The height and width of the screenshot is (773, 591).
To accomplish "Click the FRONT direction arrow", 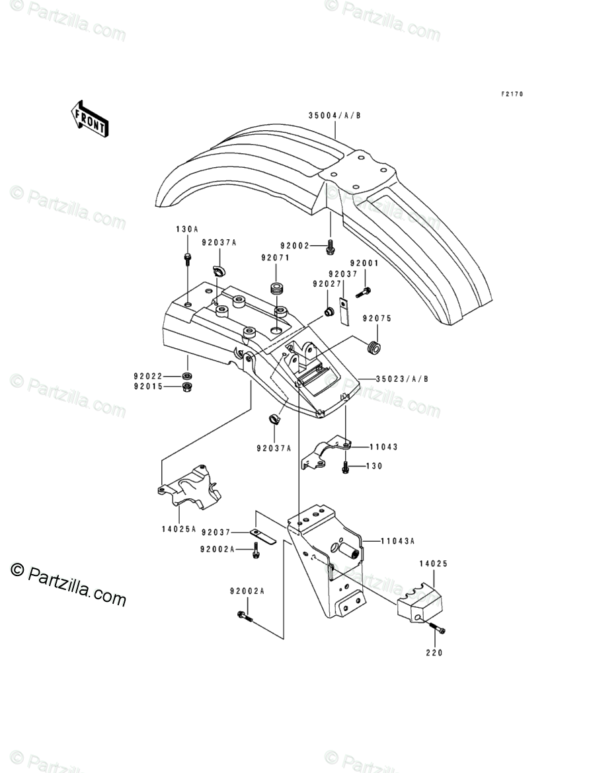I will click(90, 118).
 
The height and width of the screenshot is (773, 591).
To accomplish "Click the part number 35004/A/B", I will click(335, 116).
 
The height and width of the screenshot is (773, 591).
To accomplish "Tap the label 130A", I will click(186, 229).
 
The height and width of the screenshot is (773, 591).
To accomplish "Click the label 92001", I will click(364, 263).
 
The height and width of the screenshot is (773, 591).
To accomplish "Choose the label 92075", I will click(377, 318).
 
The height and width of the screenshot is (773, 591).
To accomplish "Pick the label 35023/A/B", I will click(402, 379).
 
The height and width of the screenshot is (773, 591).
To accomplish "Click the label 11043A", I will click(397, 540).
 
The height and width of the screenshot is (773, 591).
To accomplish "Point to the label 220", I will click(434, 653).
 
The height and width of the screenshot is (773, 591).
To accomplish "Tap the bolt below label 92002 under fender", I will click(330, 247).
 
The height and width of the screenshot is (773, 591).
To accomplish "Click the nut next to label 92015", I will click(187, 386).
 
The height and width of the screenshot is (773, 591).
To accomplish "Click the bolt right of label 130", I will click(345, 467).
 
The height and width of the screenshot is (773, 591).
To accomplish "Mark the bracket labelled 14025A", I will click(188, 489).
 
